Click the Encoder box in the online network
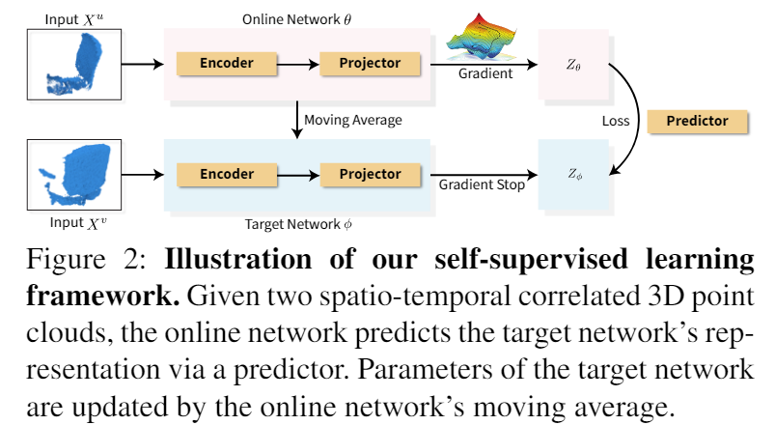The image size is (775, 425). tap(227, 64)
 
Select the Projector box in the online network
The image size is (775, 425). tap(370, 64)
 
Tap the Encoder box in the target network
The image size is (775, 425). tap(227, 175)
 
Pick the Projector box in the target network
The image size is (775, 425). tap(370, 175)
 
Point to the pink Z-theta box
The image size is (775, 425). tap(574, 65)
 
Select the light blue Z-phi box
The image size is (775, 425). tap(574, 175)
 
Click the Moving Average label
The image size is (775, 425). tap(352, 121)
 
